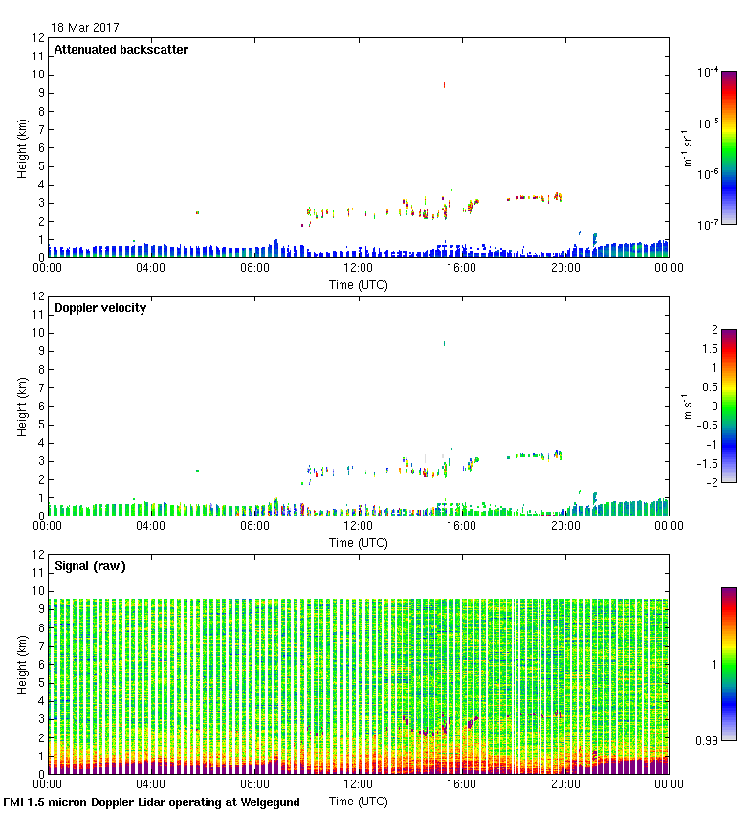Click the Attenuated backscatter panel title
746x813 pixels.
pos(121,50)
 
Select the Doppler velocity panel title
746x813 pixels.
pos(100,308)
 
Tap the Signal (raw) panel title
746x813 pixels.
pos(90,566)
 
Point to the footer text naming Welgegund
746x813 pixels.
pos(151,802)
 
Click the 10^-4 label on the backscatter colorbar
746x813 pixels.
pos(709,72)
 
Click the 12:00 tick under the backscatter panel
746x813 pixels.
pos(358,268)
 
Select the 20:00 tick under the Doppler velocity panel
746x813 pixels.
pos(565,526)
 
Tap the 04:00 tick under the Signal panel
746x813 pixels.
pos(151,784)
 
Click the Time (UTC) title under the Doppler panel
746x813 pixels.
pos(358,542)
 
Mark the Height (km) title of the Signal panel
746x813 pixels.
pos(20,663)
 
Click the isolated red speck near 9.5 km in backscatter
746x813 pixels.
pos(445,85)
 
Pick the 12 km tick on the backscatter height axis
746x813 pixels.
pos(38,38)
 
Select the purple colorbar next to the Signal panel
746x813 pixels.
pos(729,663)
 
